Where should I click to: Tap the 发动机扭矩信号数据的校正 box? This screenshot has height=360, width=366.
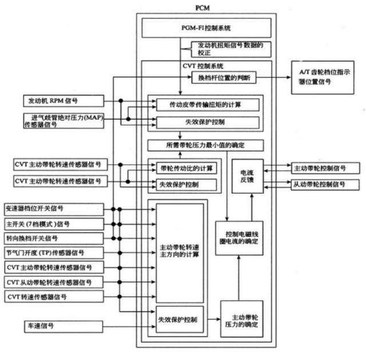[x=230, y=49]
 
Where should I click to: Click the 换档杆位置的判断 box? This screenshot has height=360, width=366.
[x=227, y=77]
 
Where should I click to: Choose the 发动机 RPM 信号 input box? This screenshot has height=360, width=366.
[x=53, y=101]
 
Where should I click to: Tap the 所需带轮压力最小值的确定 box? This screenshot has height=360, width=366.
[x=206, y=145]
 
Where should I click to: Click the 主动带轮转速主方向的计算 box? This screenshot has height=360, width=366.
[x=180, y=252]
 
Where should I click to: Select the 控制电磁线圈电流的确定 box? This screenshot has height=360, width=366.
[x=238, y=238]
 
